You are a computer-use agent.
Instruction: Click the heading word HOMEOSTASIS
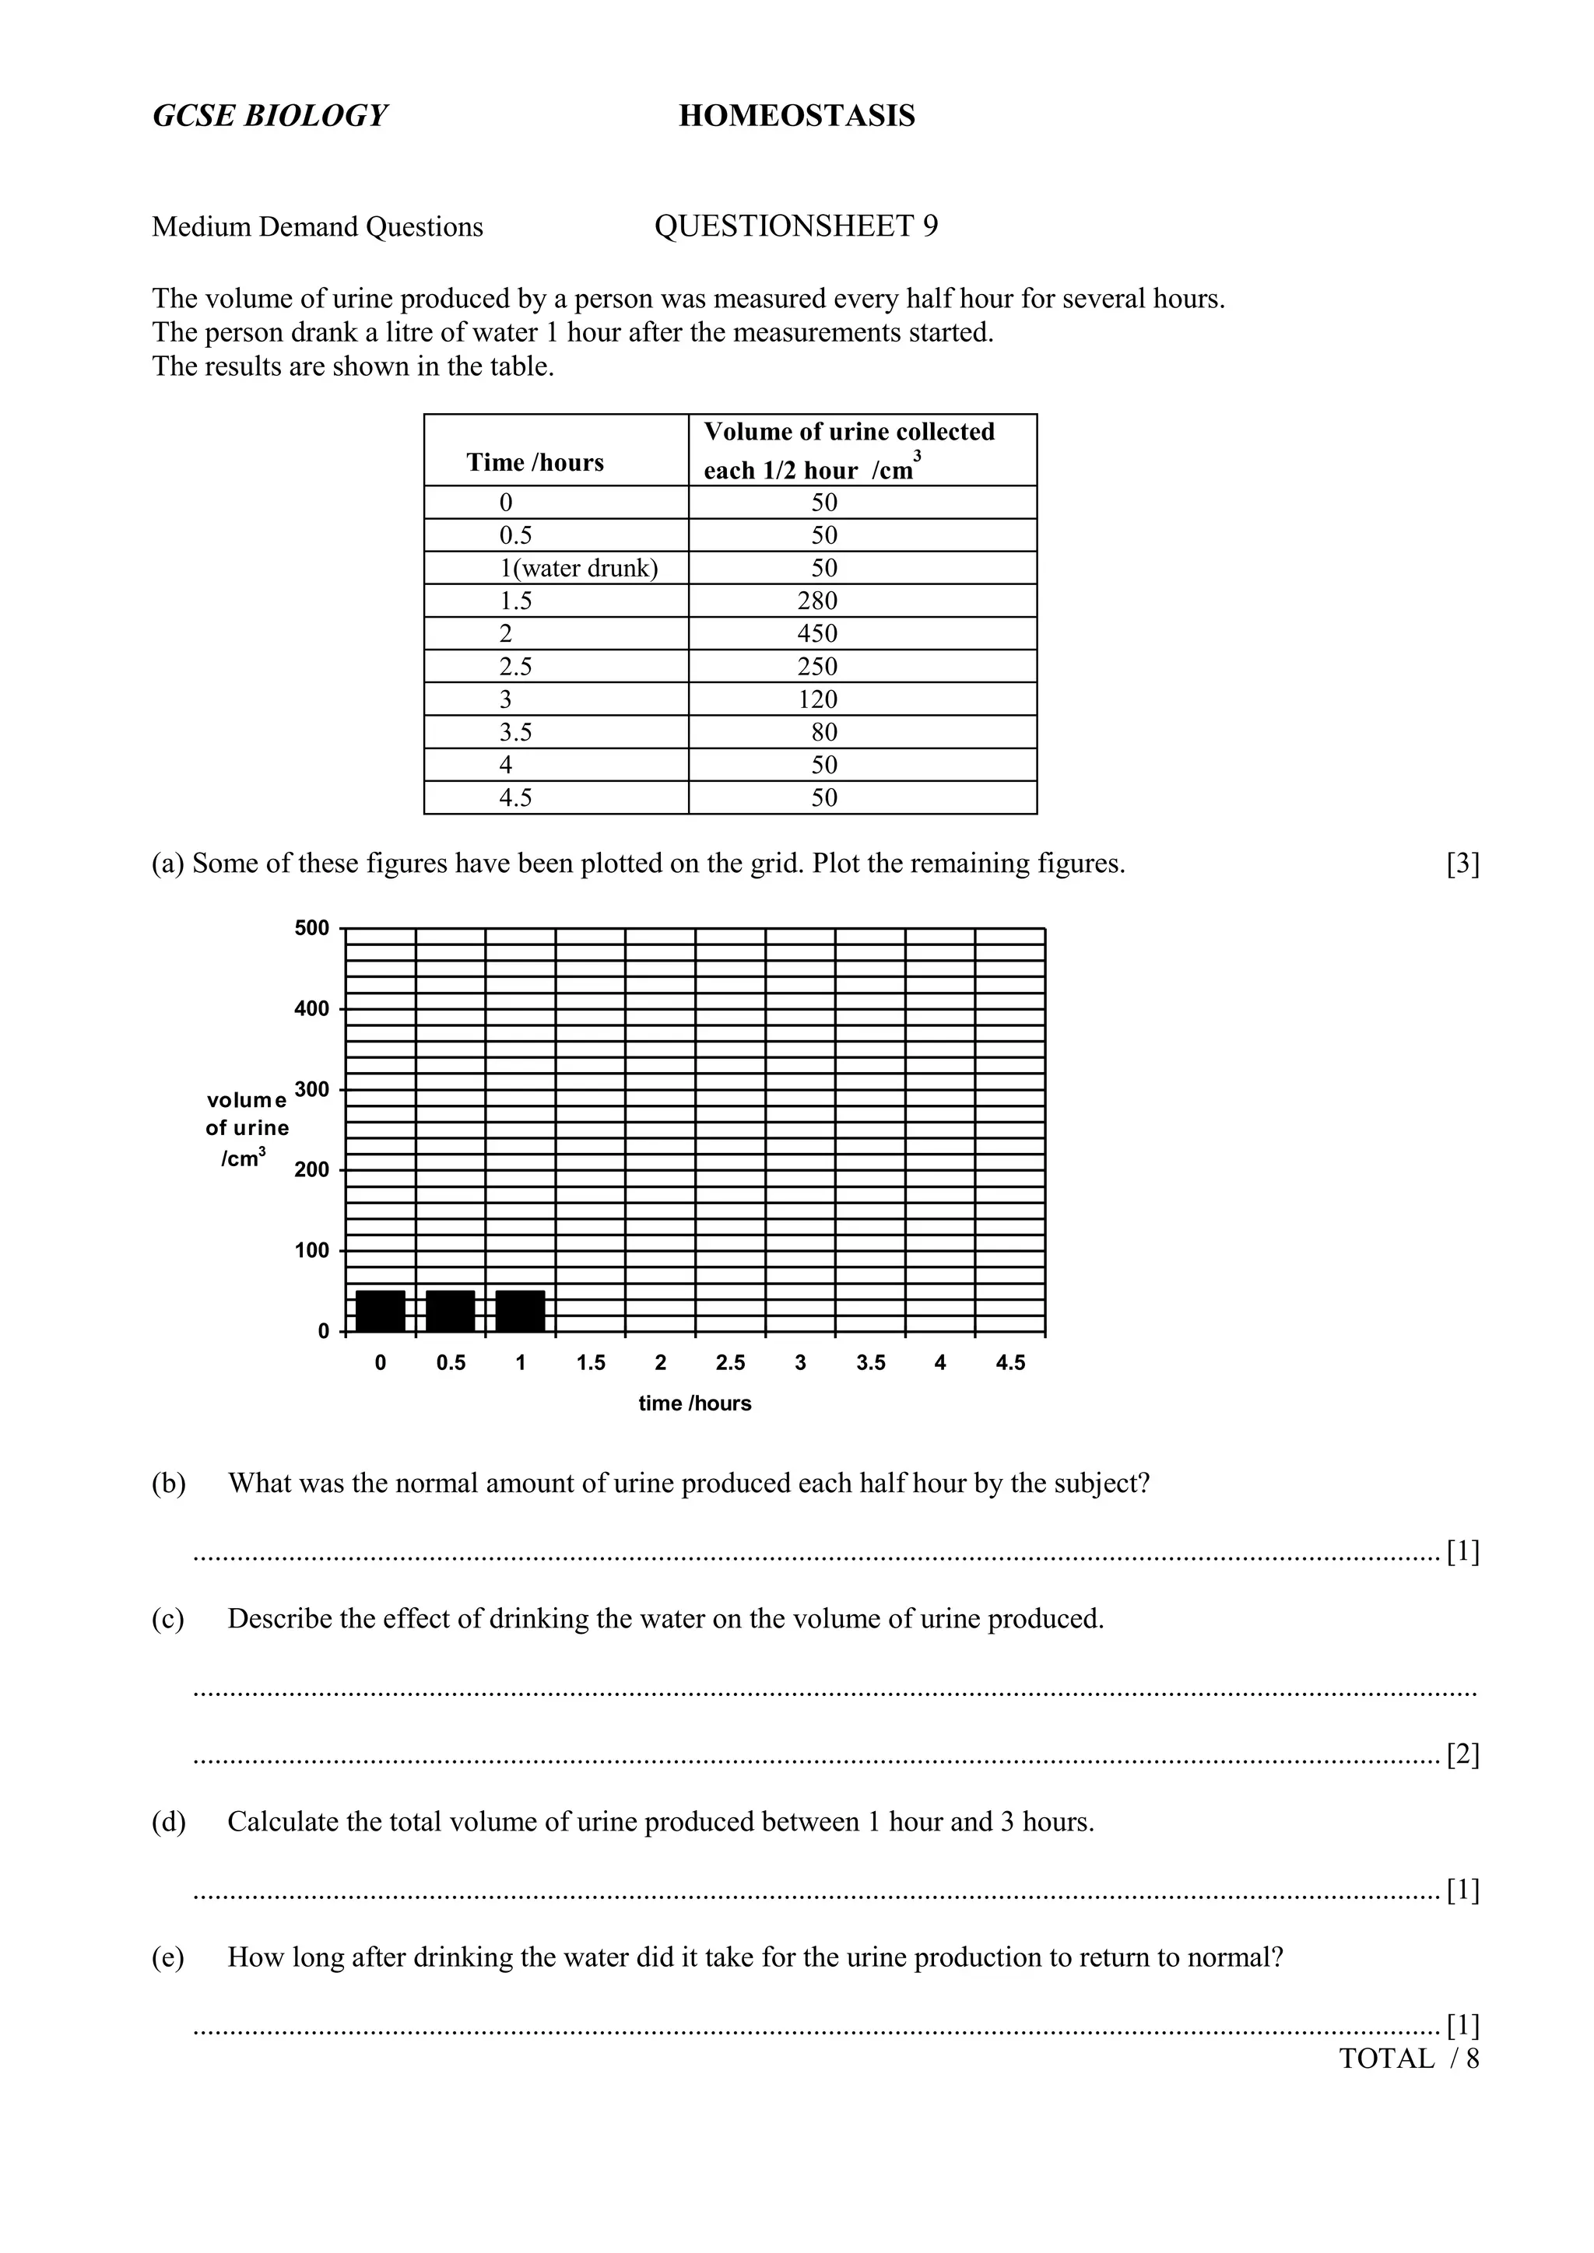(796, 116)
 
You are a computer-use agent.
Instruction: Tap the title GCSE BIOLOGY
(270, 116)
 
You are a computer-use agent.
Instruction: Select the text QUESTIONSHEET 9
(796, 226)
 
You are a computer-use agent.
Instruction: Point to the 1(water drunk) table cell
(579, 568)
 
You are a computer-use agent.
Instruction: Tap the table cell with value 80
(823, 732)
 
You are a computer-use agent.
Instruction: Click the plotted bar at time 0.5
(451, 1311)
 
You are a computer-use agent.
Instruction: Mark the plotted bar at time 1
(520, 1311)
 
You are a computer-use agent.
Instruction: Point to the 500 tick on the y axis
(312, 928)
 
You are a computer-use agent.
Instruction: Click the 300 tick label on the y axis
(312, 1089)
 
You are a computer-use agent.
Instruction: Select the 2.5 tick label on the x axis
(730, 1363)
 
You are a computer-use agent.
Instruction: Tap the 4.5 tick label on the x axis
(1010, 1363)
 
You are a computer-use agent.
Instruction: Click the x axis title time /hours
(695, 1403)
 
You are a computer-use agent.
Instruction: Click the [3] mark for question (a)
(1462, 864)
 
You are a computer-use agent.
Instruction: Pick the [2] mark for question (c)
(1462, 1754)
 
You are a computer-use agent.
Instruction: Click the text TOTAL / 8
(1409, 2059)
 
